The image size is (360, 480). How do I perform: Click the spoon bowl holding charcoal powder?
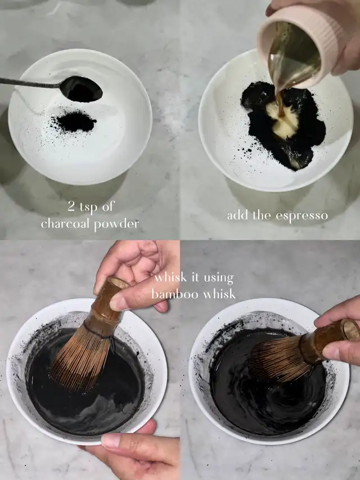81,89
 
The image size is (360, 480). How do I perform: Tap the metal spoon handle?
30,82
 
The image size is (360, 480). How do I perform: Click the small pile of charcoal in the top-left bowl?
75,122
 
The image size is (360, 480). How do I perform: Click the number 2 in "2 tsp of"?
71,207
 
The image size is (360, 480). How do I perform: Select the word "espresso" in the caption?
301,216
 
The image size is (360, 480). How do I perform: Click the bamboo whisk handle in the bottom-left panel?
105,308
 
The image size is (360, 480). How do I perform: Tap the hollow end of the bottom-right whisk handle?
352,331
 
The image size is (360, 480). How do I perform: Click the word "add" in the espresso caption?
238,215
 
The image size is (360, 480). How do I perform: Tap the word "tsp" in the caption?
89,208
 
